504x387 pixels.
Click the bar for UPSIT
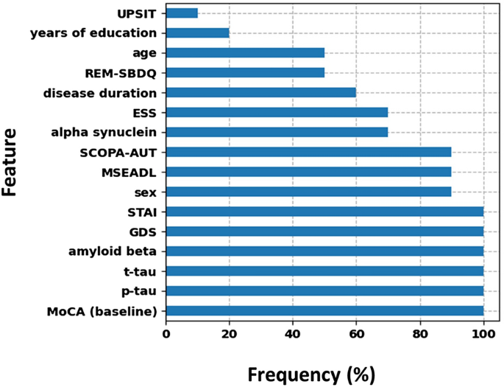pos(182,13)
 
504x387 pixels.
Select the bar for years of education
pos(198,32)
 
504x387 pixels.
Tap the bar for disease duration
pos(261,92)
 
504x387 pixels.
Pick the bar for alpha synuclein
pos(277,132)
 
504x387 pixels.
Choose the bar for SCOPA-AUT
pos(308,152)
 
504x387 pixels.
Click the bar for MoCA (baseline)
pos(324,310)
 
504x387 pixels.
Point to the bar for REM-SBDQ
pos(245,72)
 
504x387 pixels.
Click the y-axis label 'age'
pos(144,52)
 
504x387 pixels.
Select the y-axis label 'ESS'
pos(144,112)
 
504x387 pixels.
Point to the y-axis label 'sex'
pos(146,192)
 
